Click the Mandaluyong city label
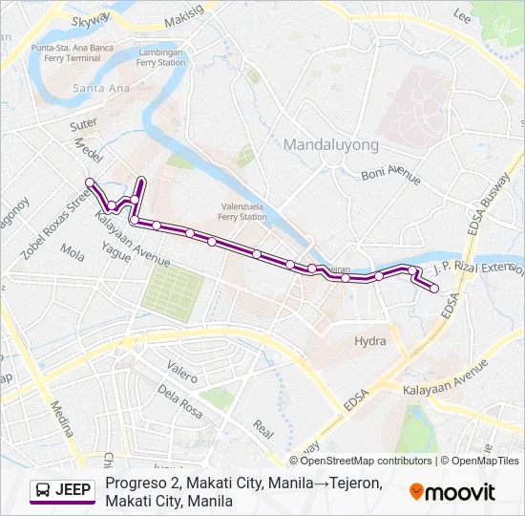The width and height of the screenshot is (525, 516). (x=331, y=144)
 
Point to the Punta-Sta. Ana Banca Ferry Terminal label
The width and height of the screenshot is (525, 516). (x=66, y=53)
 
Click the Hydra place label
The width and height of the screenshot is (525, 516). (x=370, y=341)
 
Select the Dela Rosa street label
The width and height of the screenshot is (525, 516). (x=181, y=390)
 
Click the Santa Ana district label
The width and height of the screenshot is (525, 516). (x=96, y=89)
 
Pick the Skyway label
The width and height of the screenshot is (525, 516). (x=91, y=19)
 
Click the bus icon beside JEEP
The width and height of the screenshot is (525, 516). (x=43, y=491)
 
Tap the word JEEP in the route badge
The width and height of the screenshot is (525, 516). (x=73, y=491)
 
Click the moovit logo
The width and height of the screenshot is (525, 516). (x=452, y=491)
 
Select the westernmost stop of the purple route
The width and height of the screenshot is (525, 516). (x=90, y=182)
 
